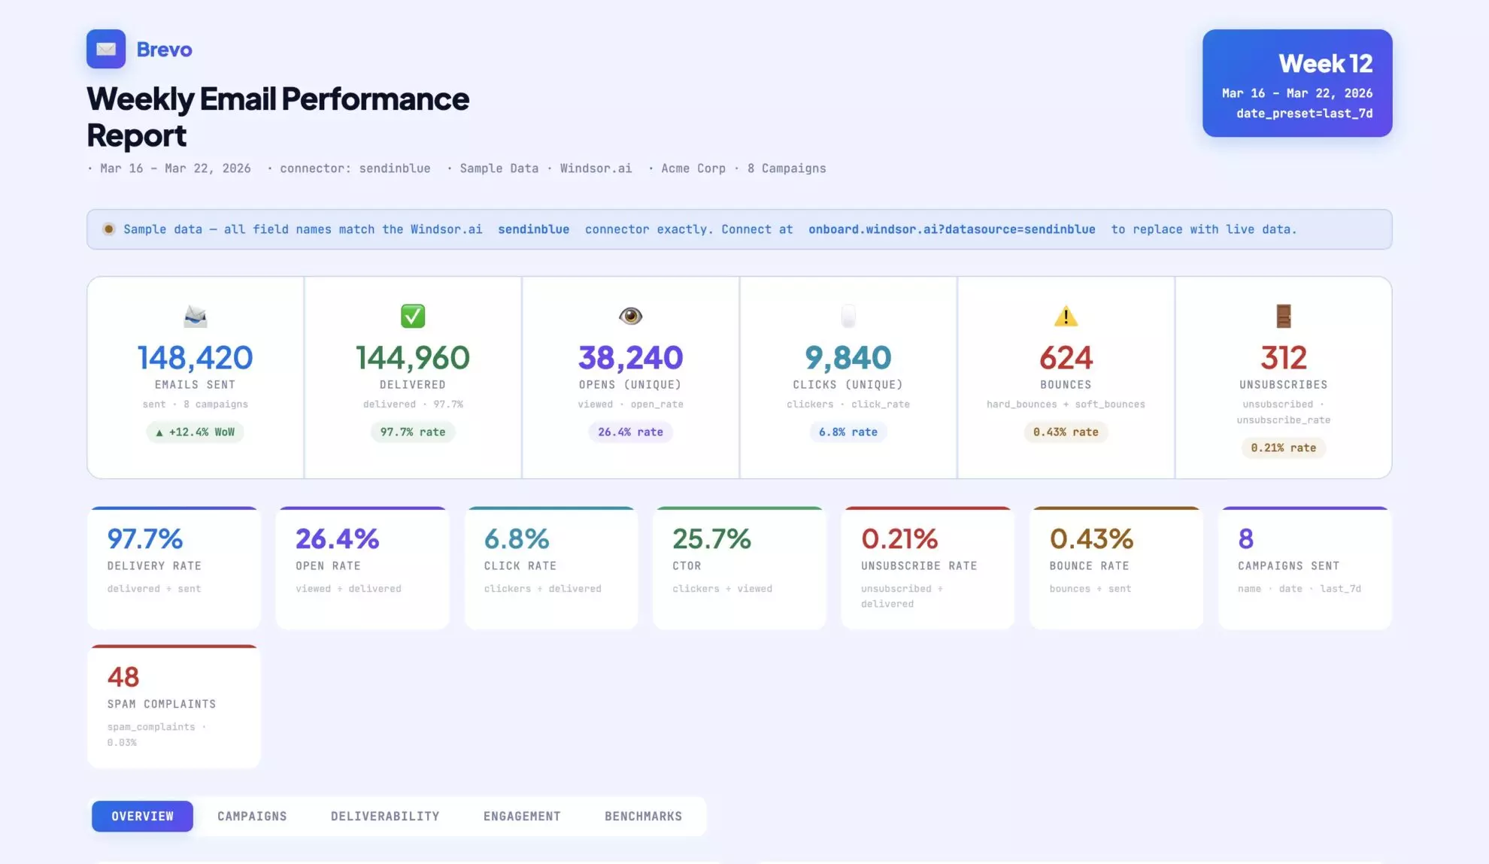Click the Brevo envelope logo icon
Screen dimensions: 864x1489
pyautogui.click(x=106, y=49)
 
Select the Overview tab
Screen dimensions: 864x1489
pyautogui.click(x=142, y=816)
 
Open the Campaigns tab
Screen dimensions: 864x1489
pyautogui.click(x=252, y=816)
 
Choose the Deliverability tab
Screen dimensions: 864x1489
pyautogui.click(x=385, y=816)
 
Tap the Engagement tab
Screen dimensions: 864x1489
pyautogui.click(x=522, y=816)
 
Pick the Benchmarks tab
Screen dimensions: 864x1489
pyautogui.click(x=643, y=816)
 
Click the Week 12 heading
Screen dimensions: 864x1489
pyautogui.click(x=1325, y=64)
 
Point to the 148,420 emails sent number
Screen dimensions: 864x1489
pyautogui.click(x=195, y=358)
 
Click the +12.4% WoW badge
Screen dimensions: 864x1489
pyautogui.click(x=195, y=432)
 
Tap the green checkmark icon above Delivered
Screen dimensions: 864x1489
pyautogui.click(x=413, y=316)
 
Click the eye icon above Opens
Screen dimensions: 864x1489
pyautogui.click(x=630, y=316)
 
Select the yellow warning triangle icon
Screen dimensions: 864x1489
pyautogui.click(x=1066, y=317)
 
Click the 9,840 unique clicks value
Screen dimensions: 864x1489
pyautogui.click(x=848, y=358)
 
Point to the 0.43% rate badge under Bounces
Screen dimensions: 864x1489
pyautogui.click(x=1066, y=432)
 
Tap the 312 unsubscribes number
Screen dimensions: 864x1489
pyautogui.click(x=1283, y=358)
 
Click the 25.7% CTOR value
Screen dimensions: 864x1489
pyautogui.click(x=711, y=538)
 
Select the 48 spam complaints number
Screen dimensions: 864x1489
pyautogui.click(x=123, y=677)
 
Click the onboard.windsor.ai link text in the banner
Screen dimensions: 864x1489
pyautogui.click(x=951, y=229)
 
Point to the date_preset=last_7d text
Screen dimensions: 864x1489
pyautogui.click(x=1304, y=114)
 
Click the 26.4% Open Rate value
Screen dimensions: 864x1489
pyautogui.click(x=337, y=538)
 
